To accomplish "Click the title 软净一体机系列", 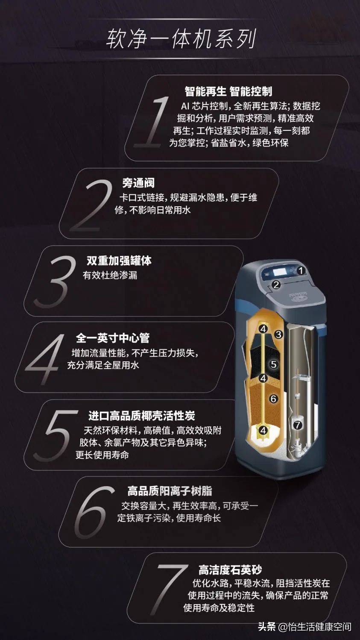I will [x=181, y=39].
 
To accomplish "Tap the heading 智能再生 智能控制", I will [x=228, y=91].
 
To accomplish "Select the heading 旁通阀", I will [x=138, y=183].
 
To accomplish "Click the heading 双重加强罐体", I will [x=119, y=261].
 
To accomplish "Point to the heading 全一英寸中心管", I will [x=113, y=338].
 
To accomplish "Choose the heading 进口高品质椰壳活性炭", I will [x=141, y=416].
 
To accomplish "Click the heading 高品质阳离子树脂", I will [x=170, y=491].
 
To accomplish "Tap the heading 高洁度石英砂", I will [x=230, y=570].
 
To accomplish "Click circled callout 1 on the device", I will [x=301, y=270].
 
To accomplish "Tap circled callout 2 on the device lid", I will [x=276, y=285].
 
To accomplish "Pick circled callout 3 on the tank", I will [x=278, y=335].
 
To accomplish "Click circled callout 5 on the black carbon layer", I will [x=274, y=364].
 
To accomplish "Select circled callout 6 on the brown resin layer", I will [x=274, y=399].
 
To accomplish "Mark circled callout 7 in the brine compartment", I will [x=298, y=425].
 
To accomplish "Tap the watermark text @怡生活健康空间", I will [x=315, y=627].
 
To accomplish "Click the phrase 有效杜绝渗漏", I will [x=110, y=275].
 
